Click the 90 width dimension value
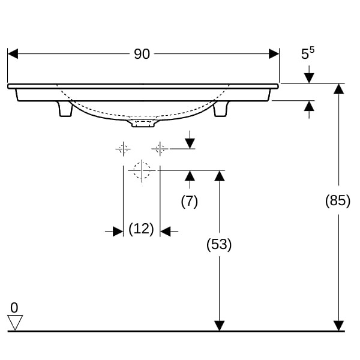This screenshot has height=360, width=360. pyautogui.click(x=142, y=54)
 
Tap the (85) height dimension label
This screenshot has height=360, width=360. pyautogui.click(x=338, y=200)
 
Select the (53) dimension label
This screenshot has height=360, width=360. pyautogui.click(x=219, y=244)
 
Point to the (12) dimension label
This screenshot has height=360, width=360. pyautogui.click(x=141, y=229)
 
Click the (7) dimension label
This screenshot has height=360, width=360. pyautogui.click(x=190, y=202)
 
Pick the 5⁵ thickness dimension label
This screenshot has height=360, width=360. pyautogui.click(x=308, y=53)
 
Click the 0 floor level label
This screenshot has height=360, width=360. pyautogui.click(x=14, y=307)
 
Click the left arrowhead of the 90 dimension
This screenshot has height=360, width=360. pyautogui.click(x=13, y=54)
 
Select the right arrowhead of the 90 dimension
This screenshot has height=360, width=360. pyautogui.click(x=274, y=54)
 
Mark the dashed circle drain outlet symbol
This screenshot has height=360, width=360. pyautogui.click(x=142, y=170)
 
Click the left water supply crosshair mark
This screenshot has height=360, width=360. pyautogui.click(x=123, y=149)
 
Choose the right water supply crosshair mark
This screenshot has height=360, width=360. pyautogui.click(x=160, y=149)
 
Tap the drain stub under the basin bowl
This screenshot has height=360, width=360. pyautogui.click(x=143, y=123)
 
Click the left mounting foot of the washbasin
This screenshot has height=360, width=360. pyautogui.click(x=65, y=109)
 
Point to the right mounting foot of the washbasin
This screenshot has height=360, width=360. pyautogui.click(x=221, y=109)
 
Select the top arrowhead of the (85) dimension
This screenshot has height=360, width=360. pyautogui.click(x=338, y=89)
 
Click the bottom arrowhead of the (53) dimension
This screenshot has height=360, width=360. pyautogui.click(x=219, y=326)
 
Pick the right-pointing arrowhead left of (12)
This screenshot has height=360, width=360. pyautogui.click(x=118, y=232)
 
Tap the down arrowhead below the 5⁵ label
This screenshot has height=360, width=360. pyautogui.click(x=309, y=78)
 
